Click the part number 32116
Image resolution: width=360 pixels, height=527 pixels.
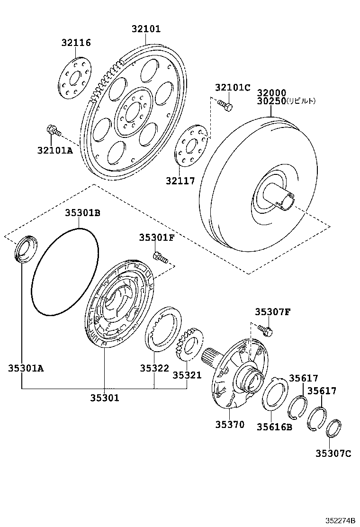76,43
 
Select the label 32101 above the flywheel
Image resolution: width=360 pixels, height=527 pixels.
146,29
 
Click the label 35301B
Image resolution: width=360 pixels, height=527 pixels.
82,213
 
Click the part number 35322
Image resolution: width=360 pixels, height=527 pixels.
154,368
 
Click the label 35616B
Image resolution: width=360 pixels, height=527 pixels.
274,427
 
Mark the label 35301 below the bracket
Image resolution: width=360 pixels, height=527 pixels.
105,398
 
